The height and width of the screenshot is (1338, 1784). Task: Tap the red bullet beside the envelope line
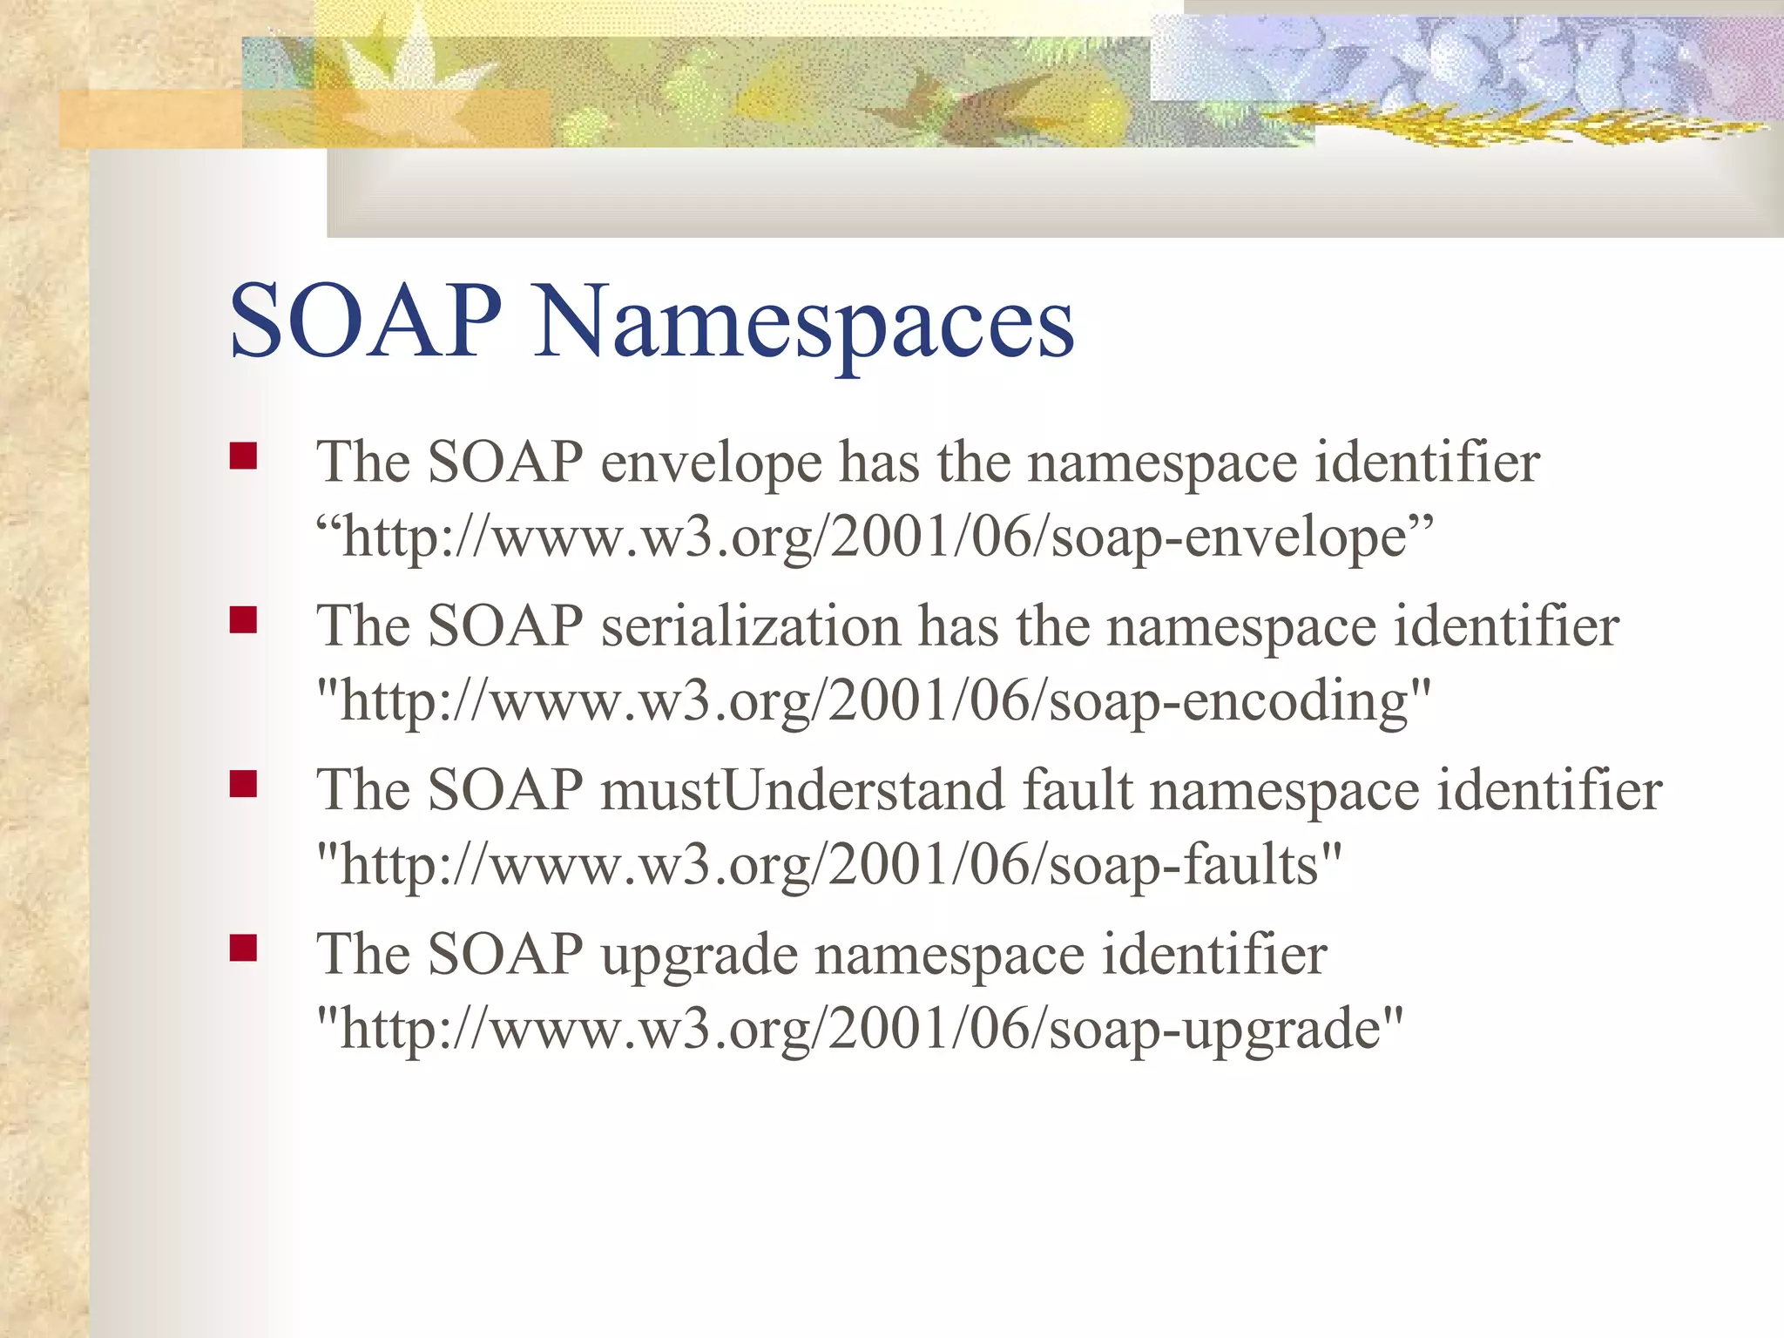[x=243, y=456]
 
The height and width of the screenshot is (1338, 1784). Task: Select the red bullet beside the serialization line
[x=243, y=620]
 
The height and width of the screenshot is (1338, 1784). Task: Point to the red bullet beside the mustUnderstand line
[x=243, y=784]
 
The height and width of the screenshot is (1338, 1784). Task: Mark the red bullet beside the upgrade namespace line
[x=243, y=948]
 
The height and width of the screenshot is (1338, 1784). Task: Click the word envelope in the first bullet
[x=711, y=463]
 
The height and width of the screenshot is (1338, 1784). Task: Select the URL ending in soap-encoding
[x=874, y=702]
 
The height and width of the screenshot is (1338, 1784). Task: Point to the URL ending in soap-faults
[x=828, y=866]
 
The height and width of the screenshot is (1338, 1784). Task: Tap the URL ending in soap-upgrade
[x=860, y=1030]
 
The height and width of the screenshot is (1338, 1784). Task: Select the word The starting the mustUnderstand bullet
[x=362, y=790]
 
